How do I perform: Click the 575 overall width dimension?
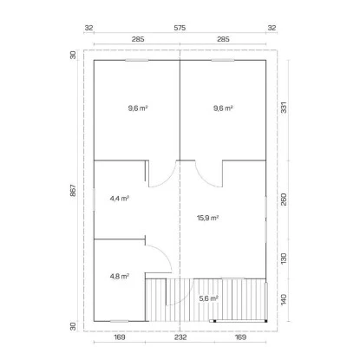tap(180, 28)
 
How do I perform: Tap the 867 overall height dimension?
tap(73, 191)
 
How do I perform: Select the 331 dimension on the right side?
tap(285, 108)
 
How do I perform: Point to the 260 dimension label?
tap(284, 200)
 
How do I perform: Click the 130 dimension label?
tap(284, 259)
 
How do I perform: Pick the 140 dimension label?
tap(284, 300)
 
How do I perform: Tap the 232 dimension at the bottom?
tap(180, 337)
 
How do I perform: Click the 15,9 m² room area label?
tap(207, 218)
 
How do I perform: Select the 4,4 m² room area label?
tap(120, 199)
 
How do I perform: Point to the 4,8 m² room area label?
tap(120, 277)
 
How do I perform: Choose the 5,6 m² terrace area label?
tap(209, 298)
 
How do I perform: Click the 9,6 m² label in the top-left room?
tap(138, 108)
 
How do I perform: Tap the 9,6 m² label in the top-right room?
tap(223, 108)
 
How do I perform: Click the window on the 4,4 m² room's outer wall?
tap(94, 200)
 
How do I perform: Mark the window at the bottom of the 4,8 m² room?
tap(119, 321)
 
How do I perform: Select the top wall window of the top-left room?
tap(137, 60)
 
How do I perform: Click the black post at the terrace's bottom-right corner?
tap(265, 321)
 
